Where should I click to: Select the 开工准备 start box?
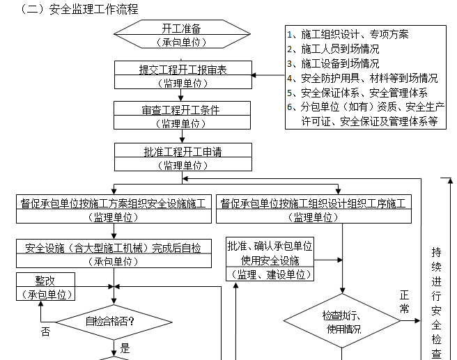[181, 34]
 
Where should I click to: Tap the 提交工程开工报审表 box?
[183, 75]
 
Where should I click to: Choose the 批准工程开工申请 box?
[183, 157]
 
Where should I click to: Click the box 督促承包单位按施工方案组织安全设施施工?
[114, 209]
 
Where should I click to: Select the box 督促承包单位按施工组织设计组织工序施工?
[313, 209]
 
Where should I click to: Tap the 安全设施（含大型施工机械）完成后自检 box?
[114, 253]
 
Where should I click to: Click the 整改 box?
[45, 285]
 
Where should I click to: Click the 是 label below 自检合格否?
[125, 348]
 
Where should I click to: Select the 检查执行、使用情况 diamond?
[341, 322]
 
